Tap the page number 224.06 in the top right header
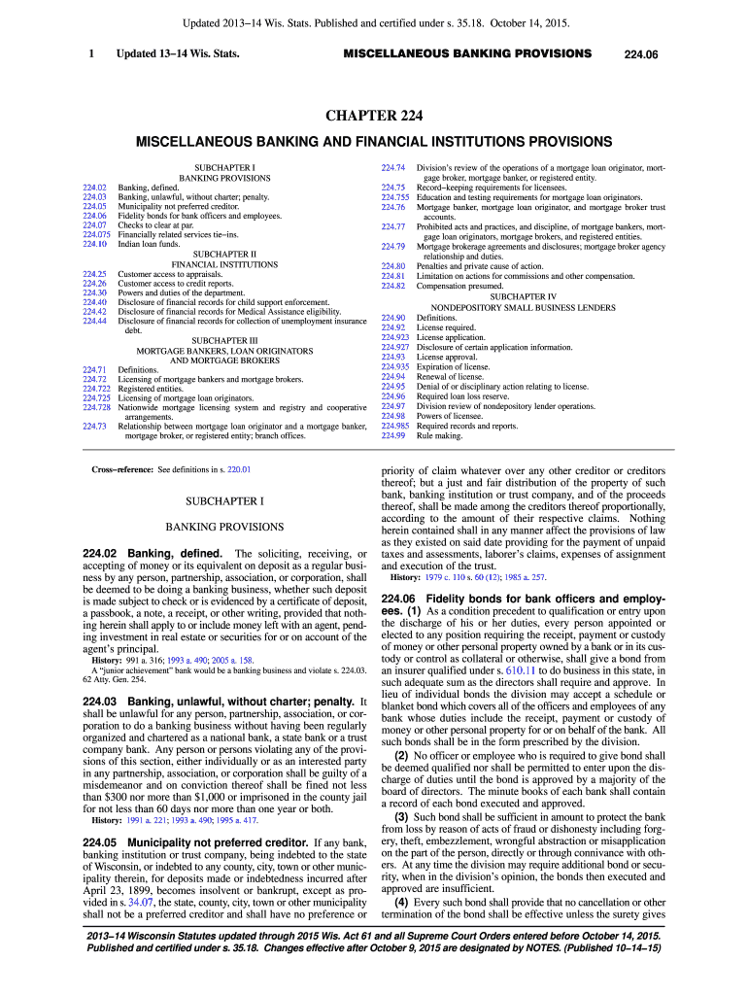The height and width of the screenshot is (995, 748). click(643, 53)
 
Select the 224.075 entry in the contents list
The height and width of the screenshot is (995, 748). click(97, 234)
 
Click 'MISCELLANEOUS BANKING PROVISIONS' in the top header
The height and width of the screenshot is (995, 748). click(467, 53)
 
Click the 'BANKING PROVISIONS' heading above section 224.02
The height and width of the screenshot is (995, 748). click(224, 527)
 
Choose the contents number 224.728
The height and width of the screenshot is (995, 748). click(97, 407)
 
